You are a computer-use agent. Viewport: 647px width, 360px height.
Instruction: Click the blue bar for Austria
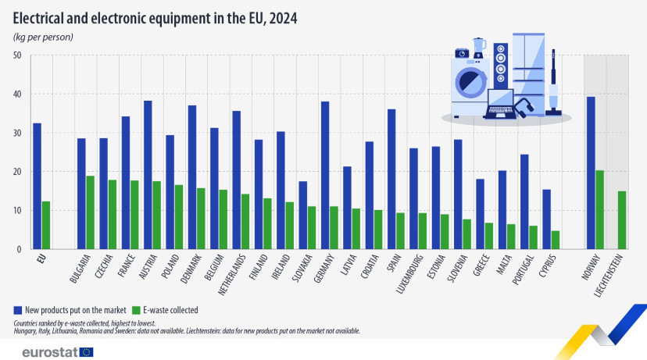pyautogui.click(x=148, y=175)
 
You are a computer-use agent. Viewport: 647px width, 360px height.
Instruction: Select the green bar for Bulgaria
pyautogui.click(x=90, y=212)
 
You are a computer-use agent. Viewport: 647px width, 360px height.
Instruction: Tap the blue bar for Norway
pyautogui.click(x=591, y=173)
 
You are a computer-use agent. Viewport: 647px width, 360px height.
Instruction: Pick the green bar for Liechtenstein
pyautogui.click(x=622, y=220)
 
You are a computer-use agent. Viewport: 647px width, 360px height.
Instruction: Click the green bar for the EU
pyautogui.click(x=46, y=225)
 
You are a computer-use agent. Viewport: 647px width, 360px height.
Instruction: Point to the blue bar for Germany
pyautogui.click(x=325, y=175)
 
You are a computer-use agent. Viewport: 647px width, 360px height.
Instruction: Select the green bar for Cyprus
pyautogui.click(x=556, y=240)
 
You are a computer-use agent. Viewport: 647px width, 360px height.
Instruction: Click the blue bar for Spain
pyautogui.click(x=391, y=179)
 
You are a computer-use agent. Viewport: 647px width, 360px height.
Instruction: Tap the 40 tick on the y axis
pyautogui.click(x=17, y=94)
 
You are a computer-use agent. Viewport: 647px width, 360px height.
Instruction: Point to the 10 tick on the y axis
pyautogui.click(x=17, y=211)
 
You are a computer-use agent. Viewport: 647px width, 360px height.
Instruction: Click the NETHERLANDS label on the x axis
pyautogui.click(x=231, y=275)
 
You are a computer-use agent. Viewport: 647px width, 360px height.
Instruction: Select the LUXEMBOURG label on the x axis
pyautogui.click(x=409, y=274)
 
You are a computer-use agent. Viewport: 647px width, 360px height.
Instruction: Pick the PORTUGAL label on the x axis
pyautogui.click(x=523, y=269)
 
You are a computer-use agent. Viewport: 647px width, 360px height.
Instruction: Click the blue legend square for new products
pyautogui.click(x=18, y=310)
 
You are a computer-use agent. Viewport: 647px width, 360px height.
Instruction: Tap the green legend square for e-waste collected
pyautogui.click(x=136, y=310)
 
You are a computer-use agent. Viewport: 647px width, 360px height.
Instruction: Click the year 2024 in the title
pyautogui.click(x=283, y=19)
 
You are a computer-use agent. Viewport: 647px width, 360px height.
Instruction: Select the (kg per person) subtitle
pyautogui.click(x=43, y=37)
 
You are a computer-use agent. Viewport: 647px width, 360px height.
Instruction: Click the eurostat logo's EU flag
pyautogui.click(x=87, y=352)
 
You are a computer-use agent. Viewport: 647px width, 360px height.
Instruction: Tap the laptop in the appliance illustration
pyautogui.click(x=501, y=104)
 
